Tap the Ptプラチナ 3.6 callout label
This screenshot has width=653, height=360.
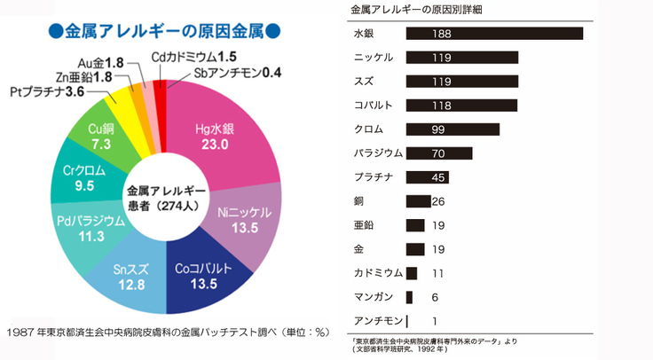click(47, 91)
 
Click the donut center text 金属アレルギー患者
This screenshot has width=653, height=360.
click(166, 199)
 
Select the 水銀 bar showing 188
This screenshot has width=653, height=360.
click(494, 34)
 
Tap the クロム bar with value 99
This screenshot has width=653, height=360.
click(452, 129)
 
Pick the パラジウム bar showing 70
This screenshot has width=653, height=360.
click(439, 153)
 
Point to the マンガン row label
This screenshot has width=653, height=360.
click(374, 297)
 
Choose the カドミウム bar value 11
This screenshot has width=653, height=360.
click(437, 273)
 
